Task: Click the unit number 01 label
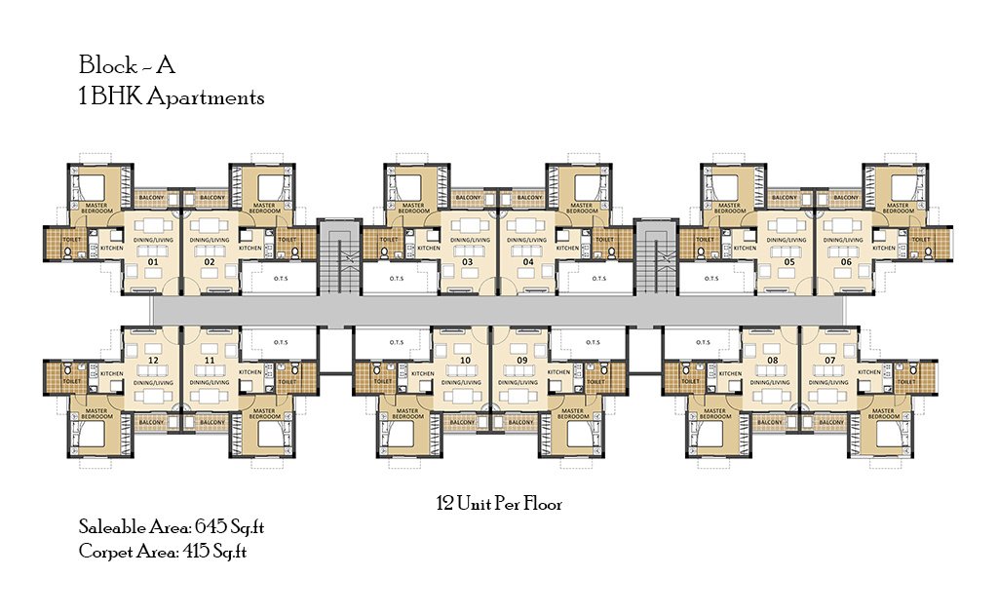[x=153, y=262]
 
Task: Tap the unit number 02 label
[x=209, y=262]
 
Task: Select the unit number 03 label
[x=468, y=262]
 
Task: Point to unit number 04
[x=527, y=262]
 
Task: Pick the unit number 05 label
[x=788, y=262]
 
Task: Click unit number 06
[x=845, y=262]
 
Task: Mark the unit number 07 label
[x=829, y=360]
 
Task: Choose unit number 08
[x=773, y=360]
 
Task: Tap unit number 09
[x=522, y=360]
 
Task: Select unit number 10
[x=465, y=360]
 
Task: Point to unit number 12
[x=153, y=360]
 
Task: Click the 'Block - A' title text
[x=127, y=66]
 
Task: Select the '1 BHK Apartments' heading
[x=172, y=97]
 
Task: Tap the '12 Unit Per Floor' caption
[x=499, y=504]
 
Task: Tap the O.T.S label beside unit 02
[x=280, y=278]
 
